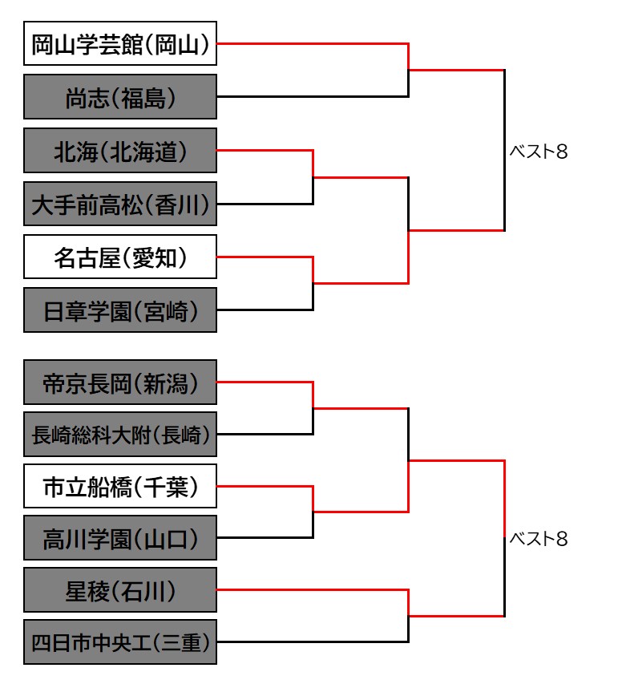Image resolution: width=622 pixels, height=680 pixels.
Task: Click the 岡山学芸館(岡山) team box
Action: click(x=120, y=43)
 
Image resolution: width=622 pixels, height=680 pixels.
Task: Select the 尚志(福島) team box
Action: click(x=120, y=97)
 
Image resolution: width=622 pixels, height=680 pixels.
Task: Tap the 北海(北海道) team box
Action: click(x=120, y=151)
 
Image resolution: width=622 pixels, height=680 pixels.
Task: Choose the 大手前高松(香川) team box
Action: click(x=120, y=204)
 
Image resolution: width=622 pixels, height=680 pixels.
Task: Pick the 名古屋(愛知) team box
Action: click(x=120, y=257)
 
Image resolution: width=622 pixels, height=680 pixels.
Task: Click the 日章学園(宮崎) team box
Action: click(x=120, y=310)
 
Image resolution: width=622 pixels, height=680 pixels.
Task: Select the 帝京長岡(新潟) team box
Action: click(x=120, y=382)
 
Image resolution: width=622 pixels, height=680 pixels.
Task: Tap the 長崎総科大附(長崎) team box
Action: click(x=120, y=434)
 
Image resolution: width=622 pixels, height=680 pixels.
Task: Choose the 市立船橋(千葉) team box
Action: click(x=120, y=486)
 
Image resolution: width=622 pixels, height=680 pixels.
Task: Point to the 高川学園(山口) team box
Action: click(x=120, y=538)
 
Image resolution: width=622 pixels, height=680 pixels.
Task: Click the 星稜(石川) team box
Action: click(x=120, y=590)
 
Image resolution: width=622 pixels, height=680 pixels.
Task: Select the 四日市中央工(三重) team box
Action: click(x=120, y=642)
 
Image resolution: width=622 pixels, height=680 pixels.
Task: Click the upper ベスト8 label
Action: click(x=539, y=152)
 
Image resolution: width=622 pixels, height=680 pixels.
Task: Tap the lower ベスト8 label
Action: click(x=539, y=539)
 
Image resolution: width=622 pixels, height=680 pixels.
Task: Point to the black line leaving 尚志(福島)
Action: click(x=313, y=96)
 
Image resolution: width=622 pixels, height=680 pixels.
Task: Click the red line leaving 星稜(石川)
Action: click(x=313, y=590)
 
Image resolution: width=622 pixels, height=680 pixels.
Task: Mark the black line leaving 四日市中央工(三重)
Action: click(x=313, y=642)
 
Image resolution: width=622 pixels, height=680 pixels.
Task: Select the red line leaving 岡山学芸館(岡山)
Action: click(x=313, y=43)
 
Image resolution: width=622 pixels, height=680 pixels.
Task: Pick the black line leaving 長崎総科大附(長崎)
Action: click(x=265, y=434)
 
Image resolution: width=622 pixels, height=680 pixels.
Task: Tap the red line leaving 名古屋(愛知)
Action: click(x=265, y=257)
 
